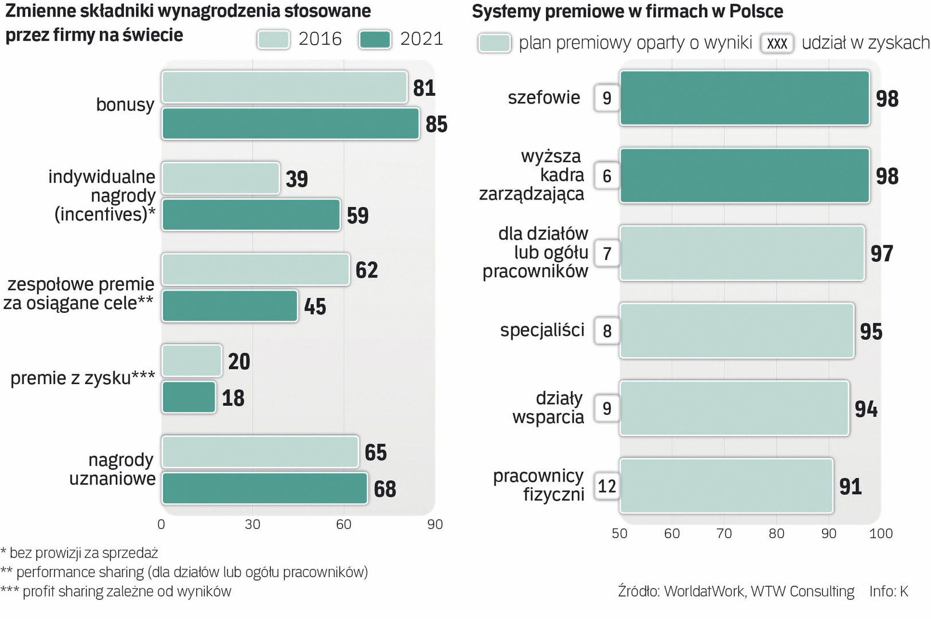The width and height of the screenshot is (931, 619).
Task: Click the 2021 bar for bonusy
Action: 290,124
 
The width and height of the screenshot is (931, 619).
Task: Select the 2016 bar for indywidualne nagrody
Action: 221,178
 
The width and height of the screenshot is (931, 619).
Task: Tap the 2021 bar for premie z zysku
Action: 189,397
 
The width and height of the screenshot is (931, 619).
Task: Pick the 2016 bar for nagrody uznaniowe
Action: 260,452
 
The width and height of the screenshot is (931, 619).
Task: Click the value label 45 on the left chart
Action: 315,307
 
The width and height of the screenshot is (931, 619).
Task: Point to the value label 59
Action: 357,216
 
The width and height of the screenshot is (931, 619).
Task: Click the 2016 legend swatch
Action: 274,40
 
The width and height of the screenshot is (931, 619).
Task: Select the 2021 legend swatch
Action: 375,40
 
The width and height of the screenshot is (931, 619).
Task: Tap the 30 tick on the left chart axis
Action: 252,524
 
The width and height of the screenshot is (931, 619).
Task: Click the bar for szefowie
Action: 745,98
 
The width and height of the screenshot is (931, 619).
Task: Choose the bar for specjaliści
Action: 737,331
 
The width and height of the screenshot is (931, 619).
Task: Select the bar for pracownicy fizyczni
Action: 726,486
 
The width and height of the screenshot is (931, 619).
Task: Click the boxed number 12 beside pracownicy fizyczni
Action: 606,486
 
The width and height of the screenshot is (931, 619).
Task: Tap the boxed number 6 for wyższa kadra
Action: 606,176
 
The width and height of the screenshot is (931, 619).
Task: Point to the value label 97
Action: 882,253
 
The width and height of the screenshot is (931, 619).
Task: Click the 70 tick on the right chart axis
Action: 724,534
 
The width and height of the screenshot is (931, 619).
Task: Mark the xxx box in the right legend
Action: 777,44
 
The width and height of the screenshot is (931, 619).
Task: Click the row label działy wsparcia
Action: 548,408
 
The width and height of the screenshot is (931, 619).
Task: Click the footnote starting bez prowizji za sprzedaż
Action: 80,553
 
